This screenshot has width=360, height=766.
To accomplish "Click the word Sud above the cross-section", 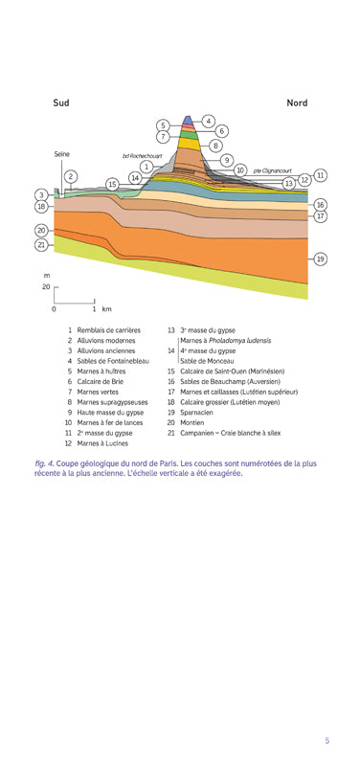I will tap(61, 102).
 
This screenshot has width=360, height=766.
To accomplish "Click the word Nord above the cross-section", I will tap(297, 102).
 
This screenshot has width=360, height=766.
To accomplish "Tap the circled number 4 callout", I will tap(208, 122).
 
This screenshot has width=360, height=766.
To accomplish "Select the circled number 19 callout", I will tap(320, 259).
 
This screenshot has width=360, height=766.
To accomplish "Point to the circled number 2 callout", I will tap(70, 176).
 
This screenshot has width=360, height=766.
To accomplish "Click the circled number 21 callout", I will tap(42, 245).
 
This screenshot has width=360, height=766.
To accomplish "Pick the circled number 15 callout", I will tap(112, 184).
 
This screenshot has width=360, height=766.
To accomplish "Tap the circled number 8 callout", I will tap(215, 146).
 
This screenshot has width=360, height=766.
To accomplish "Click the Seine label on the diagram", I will tap(61, 153).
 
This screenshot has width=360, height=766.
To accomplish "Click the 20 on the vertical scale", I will tap(45, 286).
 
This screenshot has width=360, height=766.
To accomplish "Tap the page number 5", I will tap(326, 740).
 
